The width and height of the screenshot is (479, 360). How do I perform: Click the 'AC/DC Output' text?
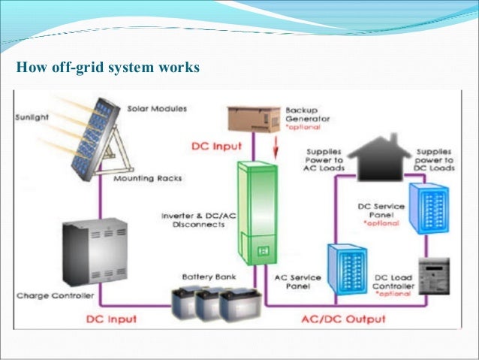pos(343,319)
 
